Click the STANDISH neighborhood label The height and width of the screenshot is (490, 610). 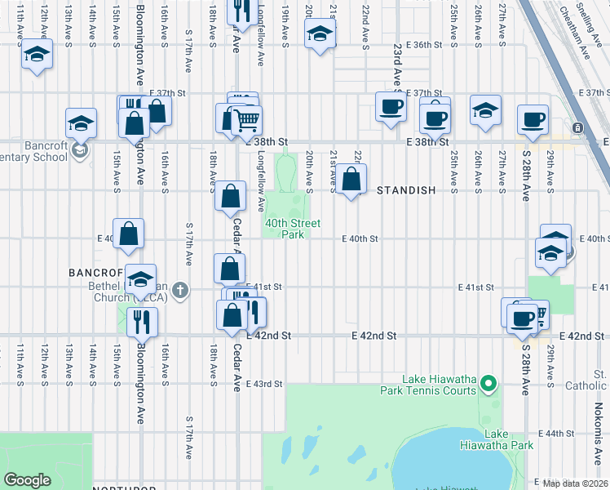[405, 189]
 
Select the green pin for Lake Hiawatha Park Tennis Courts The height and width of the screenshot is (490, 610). [488, 382]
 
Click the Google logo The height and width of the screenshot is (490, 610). [27, 480]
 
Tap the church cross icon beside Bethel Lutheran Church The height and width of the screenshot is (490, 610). [179, 289]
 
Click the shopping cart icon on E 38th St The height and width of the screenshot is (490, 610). [245, 122]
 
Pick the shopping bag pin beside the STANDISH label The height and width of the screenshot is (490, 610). [351, 179]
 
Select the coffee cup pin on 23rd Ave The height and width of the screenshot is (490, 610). [391, 107]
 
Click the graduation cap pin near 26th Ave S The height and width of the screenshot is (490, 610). [484, 111]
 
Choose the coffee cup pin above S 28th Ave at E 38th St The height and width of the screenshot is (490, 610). [533, 119]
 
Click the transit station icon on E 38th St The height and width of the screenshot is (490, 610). [577, 128]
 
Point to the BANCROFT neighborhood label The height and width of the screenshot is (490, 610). [95, 271]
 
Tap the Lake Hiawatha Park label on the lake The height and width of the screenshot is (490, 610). [507, 439]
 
